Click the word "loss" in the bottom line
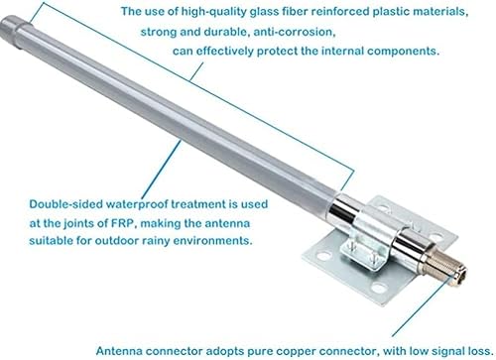tap(474, 349)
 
